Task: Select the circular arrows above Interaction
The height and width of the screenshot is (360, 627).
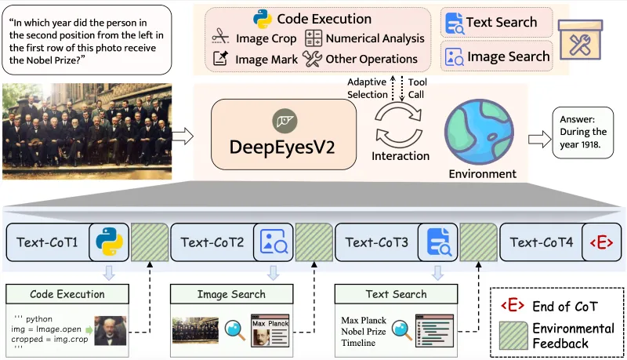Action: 400,124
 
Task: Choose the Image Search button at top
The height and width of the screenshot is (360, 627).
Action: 496,56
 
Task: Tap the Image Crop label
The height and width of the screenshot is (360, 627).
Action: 266,38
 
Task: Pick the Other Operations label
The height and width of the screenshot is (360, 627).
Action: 371,59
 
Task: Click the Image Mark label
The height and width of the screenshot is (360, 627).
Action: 266,59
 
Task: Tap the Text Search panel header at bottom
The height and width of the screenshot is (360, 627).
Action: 396,294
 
